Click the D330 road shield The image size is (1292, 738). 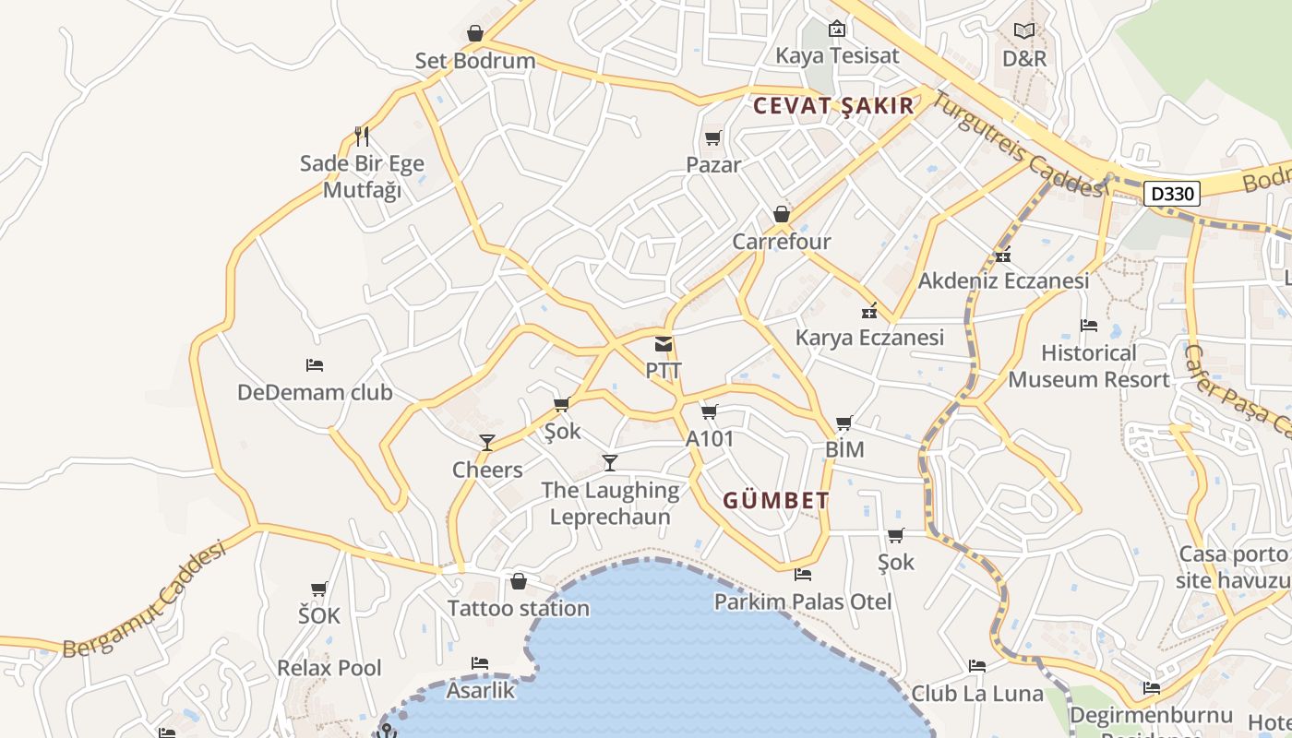click(1173, 194)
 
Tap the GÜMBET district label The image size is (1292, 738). click(776, 501)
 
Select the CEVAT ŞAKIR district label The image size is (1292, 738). click(833, 105)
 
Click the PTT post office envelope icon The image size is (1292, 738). click(664, 345)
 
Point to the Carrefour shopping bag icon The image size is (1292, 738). click(782, 215)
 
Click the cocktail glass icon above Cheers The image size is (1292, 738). click(487, 443)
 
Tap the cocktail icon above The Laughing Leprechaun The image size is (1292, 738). click(609, 462)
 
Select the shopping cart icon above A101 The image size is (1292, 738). click(709, 411)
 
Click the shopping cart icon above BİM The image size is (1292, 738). click(843, 423)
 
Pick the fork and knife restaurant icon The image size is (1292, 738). click(362, 137)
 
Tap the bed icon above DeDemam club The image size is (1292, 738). click(315, 365)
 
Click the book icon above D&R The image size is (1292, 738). click(1024, 30)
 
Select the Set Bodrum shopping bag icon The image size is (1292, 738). click(475, 34)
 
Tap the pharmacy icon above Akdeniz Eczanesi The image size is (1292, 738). click(1003, 255)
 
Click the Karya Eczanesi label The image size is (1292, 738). click(869, 338)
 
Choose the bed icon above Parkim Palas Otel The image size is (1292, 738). click(803, 575)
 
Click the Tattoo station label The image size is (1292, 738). click(519, 609)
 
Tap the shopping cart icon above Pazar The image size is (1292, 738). click(712, 138)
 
